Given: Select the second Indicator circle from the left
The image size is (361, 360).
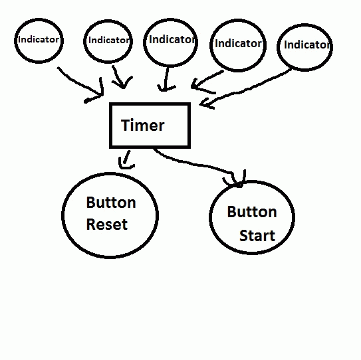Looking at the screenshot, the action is click(x=84, y=42).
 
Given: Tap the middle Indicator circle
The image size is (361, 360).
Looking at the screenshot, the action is click(x=144, y=43).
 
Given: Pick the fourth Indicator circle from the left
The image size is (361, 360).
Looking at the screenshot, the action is click(x=211, y=46).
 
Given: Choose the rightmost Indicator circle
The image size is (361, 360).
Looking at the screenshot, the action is click(x=278, y=47).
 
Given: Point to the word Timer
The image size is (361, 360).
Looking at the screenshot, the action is click(x=143, y=126).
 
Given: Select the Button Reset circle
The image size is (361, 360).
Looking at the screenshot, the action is click(x=62, y=215).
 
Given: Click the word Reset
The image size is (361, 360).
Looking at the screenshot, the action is click(x=107, y=225).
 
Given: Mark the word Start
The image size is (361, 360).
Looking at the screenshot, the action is click(x=257, y=236).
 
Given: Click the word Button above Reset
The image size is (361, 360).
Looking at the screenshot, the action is click(x=111, y=203).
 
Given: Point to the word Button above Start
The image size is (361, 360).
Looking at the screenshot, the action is click(x=252, y=212).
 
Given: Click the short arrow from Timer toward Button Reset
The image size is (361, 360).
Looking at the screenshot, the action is click(x=126, y=159).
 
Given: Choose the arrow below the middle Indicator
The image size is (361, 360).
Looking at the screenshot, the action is click(x=166, y=79).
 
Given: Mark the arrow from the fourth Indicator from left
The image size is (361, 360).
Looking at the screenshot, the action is click(x=203, y=81).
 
